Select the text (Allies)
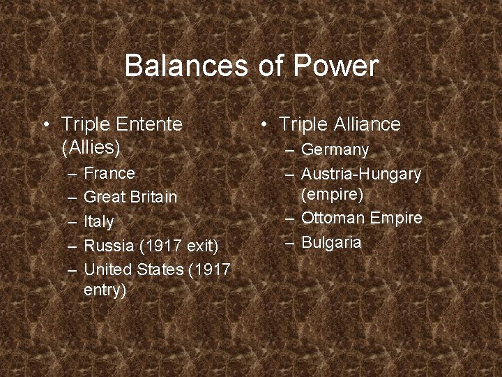click(x=91, y=147)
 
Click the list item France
click(x=109, y=172)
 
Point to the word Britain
click(x=151, y=197)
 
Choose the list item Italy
click(x=98, y=221)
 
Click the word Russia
click(x=109, y=246)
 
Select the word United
click(x=107, y=269)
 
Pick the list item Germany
click(x=335, y=149)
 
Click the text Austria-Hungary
click(x=361, y=173)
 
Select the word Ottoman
click(x=333, y=218)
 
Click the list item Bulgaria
click(x=332, y=242)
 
